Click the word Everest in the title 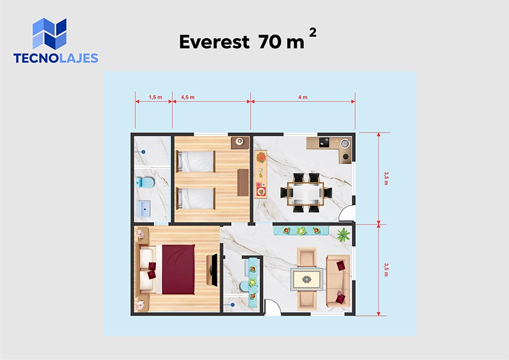coord(214,42)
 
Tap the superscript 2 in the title coord(313,32)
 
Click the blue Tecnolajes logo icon coord(49,33)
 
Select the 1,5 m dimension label coord(156,97)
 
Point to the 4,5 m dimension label coord(188,97)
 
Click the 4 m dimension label coord(303,97)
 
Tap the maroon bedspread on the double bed coord(178,269)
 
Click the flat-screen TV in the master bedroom coord(214,270)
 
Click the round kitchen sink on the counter coord(344,143)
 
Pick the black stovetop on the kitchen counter coord(324,142)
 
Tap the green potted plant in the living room coord(343,234)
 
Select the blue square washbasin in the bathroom coord(143,209)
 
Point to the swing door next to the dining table coord(346,213)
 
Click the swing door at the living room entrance coord(273,307)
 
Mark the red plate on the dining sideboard coord(261,191)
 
